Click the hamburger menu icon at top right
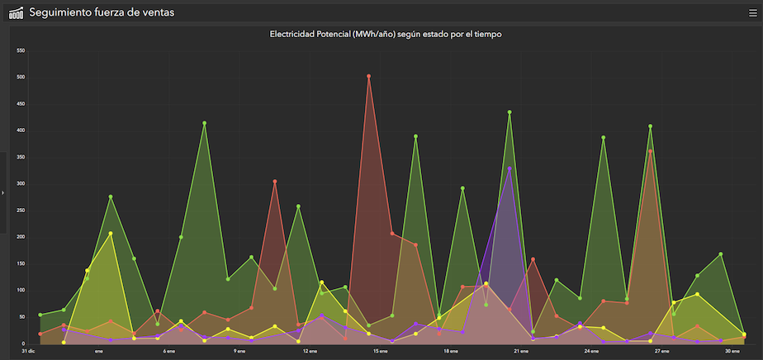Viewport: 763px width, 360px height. point(752,12)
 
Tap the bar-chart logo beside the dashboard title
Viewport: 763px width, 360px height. point(16,12)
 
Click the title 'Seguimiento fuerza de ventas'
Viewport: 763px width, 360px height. point(102,12)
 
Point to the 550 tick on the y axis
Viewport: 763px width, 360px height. point(21,50)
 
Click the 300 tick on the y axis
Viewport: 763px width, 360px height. point(21,183)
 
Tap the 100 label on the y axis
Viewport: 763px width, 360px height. point(21,290)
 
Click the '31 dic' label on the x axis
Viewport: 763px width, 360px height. point(28,351)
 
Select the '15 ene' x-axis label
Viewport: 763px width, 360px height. point(381,351)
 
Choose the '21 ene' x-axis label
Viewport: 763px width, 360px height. point(521,351)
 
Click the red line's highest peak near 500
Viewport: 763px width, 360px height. point(369,76)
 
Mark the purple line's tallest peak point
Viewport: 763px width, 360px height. point(509,168)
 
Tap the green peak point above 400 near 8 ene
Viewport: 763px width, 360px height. point(204,123)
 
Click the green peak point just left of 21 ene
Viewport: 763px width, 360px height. point(509,112)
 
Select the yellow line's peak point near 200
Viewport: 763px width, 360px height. point(111,234)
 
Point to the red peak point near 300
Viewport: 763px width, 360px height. point(275,182)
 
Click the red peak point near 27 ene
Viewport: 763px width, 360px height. point(651,152)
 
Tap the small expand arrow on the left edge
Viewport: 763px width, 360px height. point(3,192)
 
